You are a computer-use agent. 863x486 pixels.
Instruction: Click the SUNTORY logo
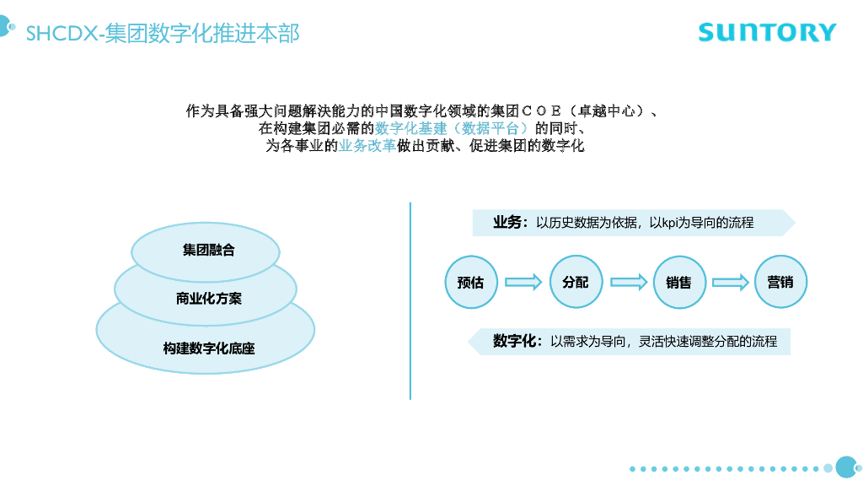point(767,33)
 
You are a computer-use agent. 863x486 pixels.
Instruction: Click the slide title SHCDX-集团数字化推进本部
point(163,33)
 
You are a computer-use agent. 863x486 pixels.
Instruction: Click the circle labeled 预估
point(470,282)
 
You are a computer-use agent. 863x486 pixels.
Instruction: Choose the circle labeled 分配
point(575,282)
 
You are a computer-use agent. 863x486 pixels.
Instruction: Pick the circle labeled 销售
point(678,282)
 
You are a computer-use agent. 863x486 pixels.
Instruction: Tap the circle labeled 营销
point(780,282)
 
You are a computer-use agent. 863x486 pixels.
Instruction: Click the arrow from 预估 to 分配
point(523,283)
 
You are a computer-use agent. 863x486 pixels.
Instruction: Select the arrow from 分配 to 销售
point(628,283)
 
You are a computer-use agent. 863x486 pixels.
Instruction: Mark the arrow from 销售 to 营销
point(731,283)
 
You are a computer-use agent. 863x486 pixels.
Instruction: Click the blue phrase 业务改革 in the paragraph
point(367,145)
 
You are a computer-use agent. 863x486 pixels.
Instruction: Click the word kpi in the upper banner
point(670,223)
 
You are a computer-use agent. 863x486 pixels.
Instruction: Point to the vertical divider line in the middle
point(410,300)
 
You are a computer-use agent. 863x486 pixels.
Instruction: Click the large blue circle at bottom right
point(845,467)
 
